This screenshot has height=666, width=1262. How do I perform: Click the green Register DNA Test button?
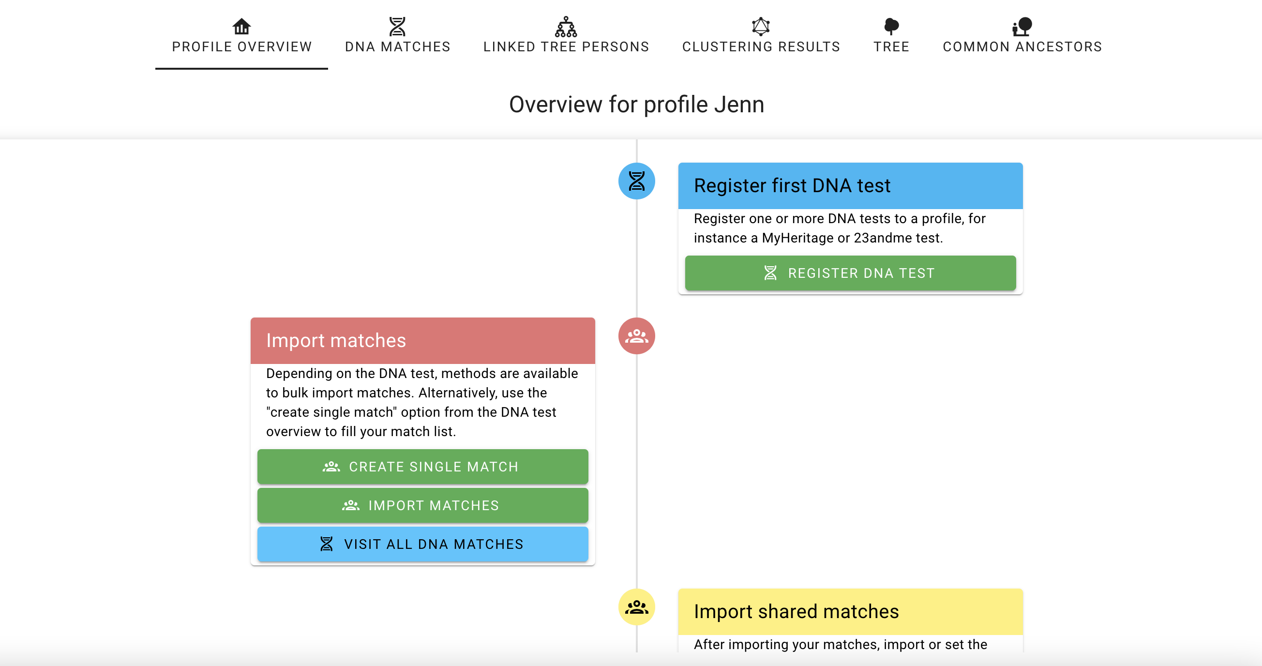(851, 273)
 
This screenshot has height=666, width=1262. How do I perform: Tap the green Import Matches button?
(423, 505)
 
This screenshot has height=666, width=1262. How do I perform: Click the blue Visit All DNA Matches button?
(423, 544)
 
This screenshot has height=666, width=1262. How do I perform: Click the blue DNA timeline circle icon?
(636, 182)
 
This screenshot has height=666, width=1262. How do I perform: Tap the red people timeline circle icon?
(636, 336)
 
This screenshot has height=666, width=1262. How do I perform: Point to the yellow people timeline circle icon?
(636, 607)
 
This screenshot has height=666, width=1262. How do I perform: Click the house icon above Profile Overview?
(241, 26)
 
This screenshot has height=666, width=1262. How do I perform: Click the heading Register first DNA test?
(792, 186)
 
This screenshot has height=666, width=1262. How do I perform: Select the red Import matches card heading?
(336, 341)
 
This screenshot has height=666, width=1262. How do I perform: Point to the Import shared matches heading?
(796, 612)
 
